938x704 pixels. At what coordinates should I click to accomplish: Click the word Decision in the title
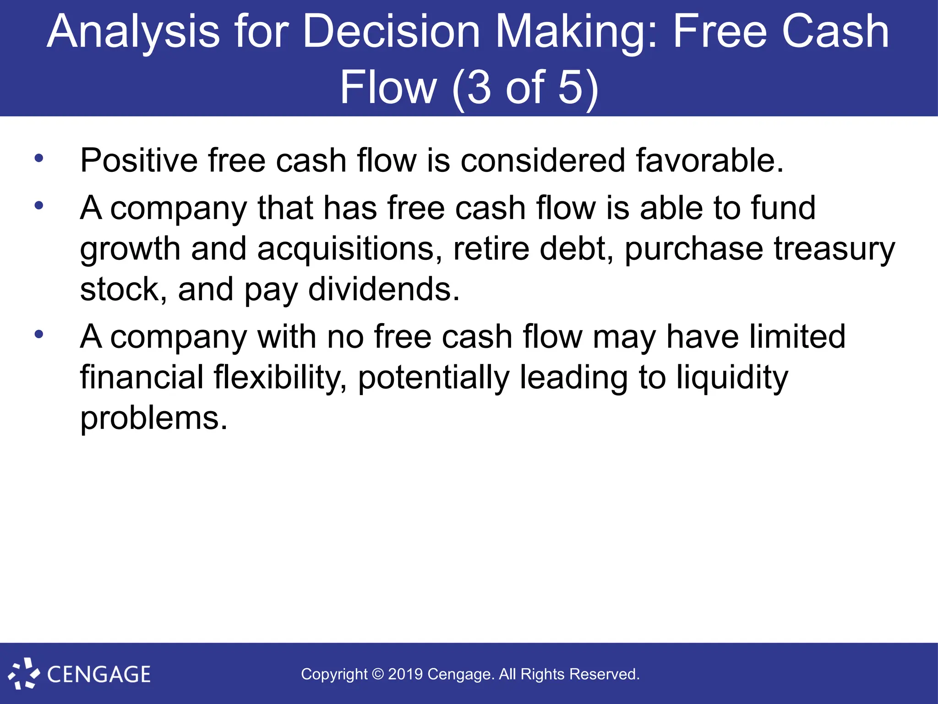(391, 32)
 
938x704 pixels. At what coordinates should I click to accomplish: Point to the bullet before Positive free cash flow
(39, 159)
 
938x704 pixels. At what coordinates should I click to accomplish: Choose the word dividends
(384, 290)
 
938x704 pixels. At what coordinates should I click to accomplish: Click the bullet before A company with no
(39, 334)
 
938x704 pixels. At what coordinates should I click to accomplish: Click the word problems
(153, 418)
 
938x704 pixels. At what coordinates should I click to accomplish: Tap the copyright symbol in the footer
(378, 674)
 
